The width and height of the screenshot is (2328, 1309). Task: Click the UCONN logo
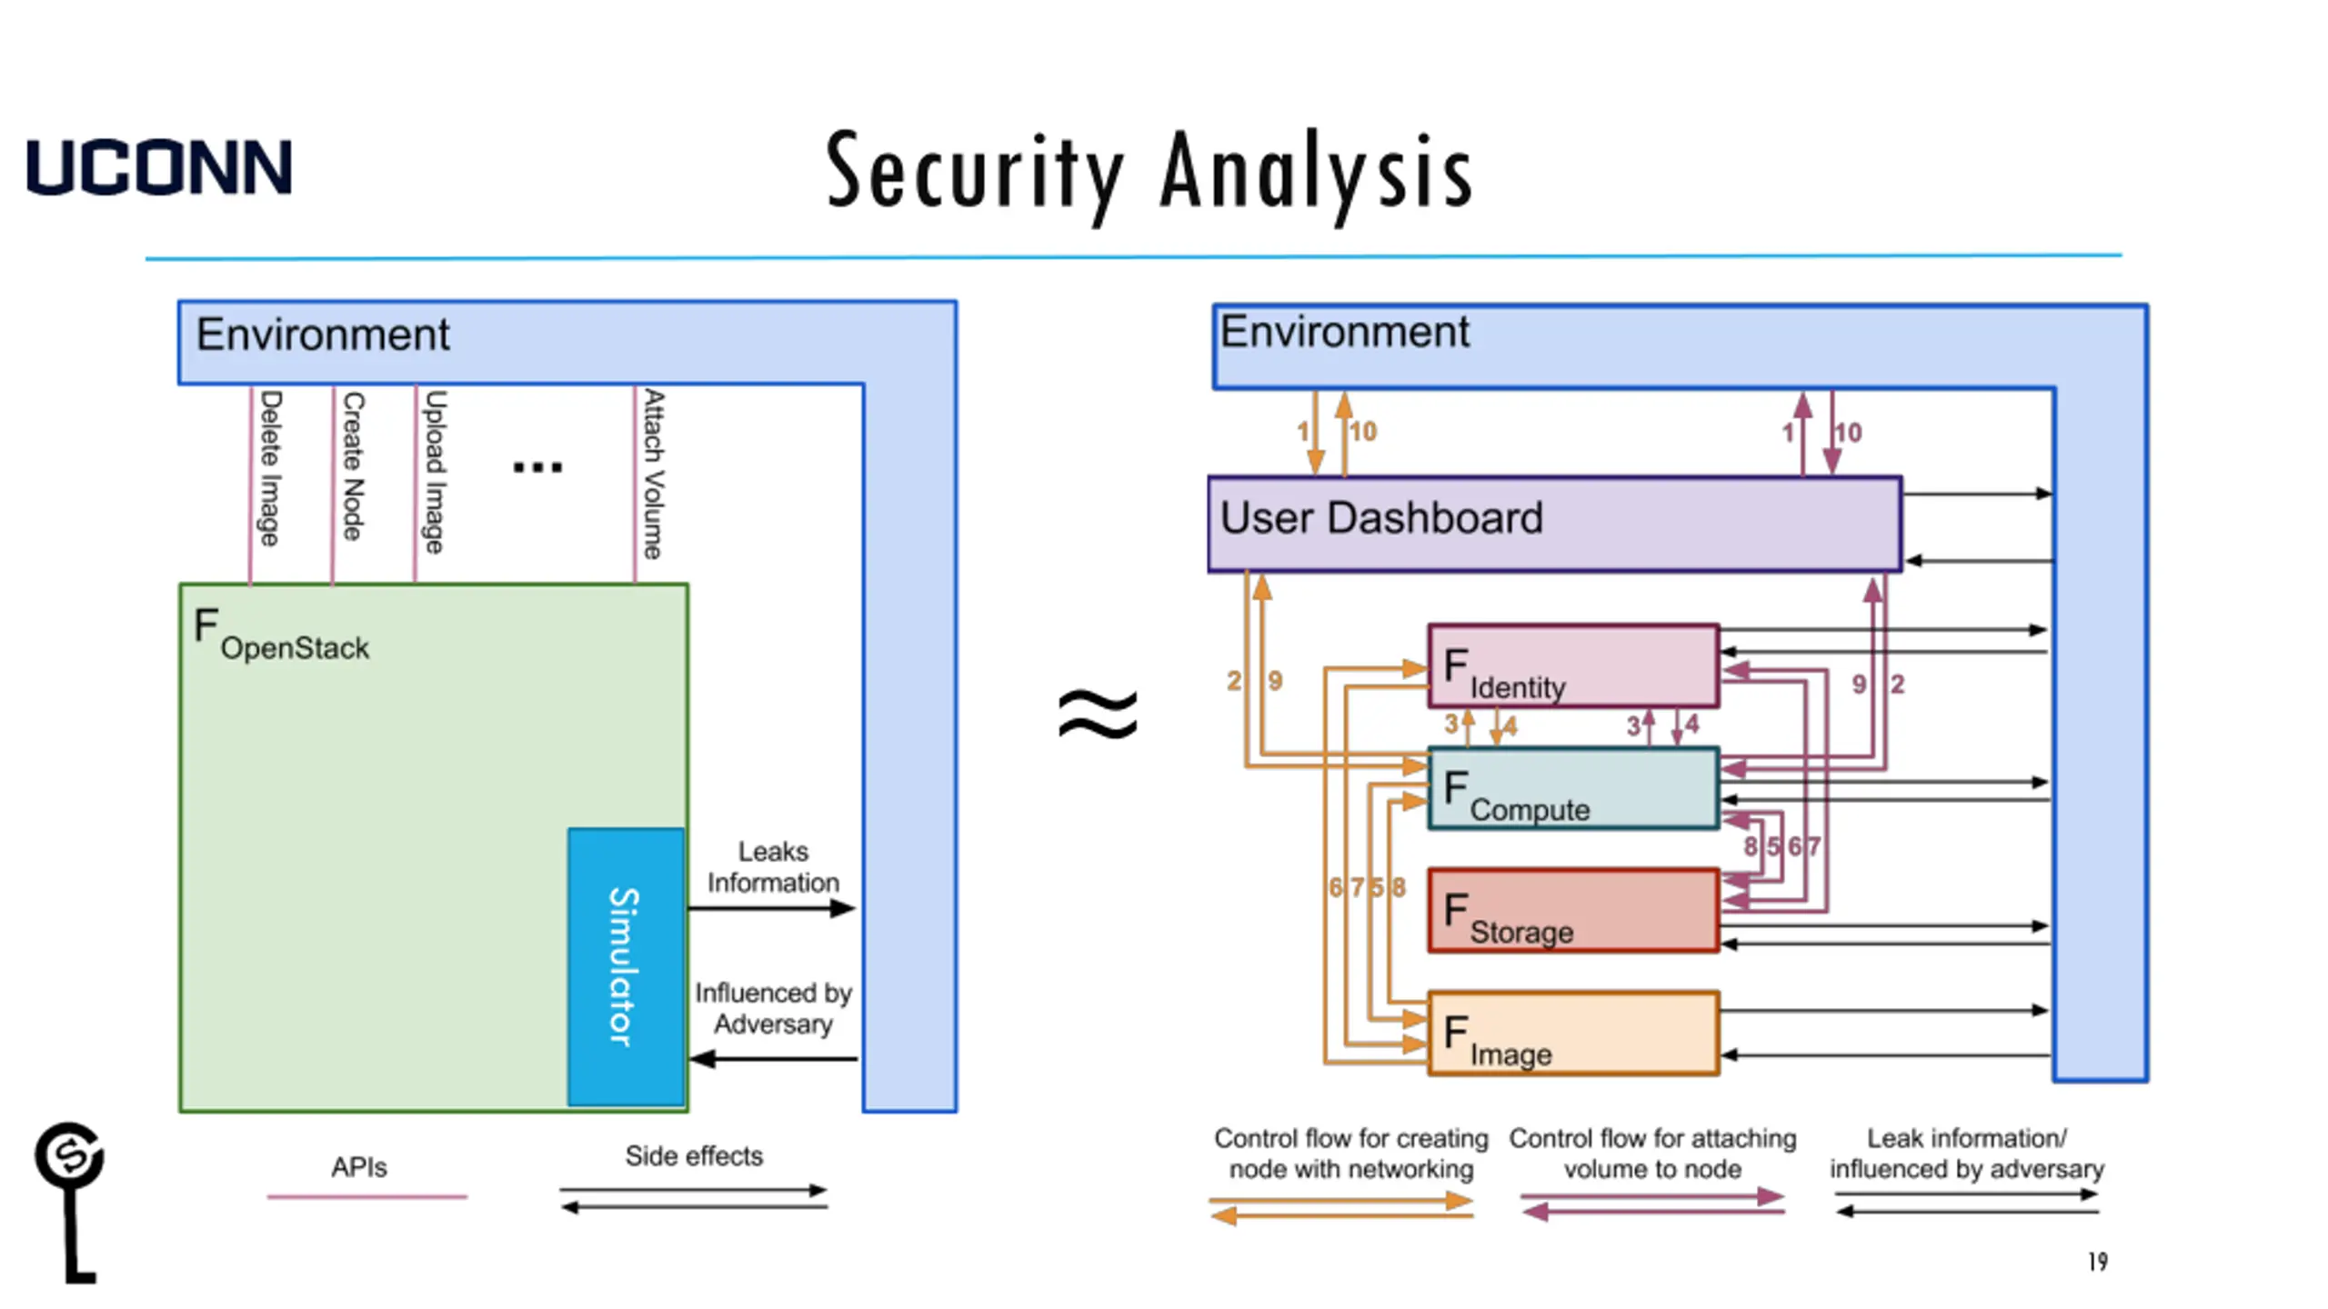[x=159, y=167]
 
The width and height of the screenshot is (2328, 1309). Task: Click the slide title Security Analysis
[x=1149, y=173]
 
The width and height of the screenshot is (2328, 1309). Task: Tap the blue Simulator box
[x=626, y=966]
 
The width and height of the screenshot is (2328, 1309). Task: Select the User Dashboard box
[x=1554, y=524]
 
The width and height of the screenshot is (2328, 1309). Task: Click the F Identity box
[x=1572, y=665]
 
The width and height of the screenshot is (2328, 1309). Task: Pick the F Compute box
[x=1572, y=788]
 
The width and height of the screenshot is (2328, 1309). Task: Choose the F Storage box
[x=1572, y=911]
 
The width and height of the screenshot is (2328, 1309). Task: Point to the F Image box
[x=1572, y=1034]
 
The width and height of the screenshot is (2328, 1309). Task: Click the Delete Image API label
[x=270, y=468]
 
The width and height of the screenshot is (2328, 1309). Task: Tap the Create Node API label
[x=353, y=465]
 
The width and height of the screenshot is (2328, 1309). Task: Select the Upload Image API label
[x=436, y=471]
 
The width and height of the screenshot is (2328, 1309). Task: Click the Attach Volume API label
[x=654, y=474]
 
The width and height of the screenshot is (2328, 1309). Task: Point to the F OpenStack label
[x=281, y=635]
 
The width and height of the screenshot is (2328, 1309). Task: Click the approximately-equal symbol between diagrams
[x=1098, y=714]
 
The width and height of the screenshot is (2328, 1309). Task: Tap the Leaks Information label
[x=773, y=867]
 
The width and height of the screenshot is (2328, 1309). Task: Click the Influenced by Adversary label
[x=773, y=1008]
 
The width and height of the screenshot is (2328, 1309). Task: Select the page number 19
[x=2098, y=1262]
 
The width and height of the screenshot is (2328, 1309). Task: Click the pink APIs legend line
[x=366, y=1197]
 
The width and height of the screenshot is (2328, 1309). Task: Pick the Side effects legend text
[x=693, y=1156]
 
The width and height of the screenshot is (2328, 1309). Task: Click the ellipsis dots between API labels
[x=537, y=467]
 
